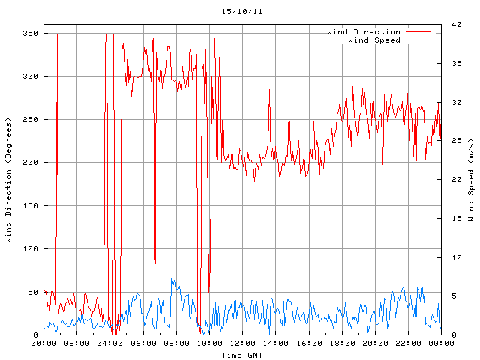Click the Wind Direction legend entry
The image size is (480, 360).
pyautogui.click(x=364, y=31)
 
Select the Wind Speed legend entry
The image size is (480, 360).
pyautogui.click(x=374, y=40)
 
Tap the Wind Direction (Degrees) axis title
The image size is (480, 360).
pyautogui.click(x=8, y=180)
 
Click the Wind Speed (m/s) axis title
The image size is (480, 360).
pyautogui.click(x=470, y=180)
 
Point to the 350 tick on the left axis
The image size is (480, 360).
pyautogui.click(x=31, y=33)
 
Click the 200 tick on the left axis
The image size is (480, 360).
pyautogui.click(x=31, y=163)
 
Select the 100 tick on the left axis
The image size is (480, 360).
pyautogui.click(x=31, y=249)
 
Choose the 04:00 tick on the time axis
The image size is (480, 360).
pyautogui.click(x=110, y=343)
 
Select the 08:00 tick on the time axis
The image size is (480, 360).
pyautogui.click(x=176, y=343)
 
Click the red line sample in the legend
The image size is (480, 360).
pyautogui.click(x=419, y=32)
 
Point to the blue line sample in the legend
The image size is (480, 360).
pyautogui.click(x=419, y=40)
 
